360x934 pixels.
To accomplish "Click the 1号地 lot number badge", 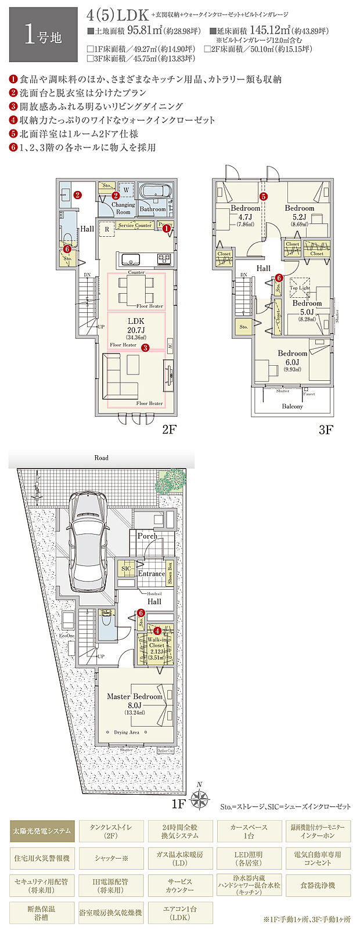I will click(x=39, y=35).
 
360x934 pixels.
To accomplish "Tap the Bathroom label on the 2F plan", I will click(x=153, y=209).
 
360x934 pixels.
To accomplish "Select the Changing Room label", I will click(x=123, y=208).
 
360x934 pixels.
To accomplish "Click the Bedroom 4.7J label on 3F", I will click(x=245, y=212).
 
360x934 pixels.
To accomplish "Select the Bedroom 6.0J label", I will click(x=292, y=358).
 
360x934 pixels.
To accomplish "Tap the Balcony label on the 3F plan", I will click(x=292, y=406).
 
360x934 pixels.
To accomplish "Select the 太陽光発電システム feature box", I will click(x=42, y=831).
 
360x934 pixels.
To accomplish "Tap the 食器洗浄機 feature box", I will click(x=318, y=885).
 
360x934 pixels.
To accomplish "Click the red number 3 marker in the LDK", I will click(x=145, y=348).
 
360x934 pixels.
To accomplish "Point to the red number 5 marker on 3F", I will click(x=264, y=197).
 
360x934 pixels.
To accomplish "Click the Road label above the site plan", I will click(x=101, y=458).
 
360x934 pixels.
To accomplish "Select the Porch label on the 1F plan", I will click(x=147, y=536).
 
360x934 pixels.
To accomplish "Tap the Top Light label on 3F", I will click(x=300, y=288).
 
